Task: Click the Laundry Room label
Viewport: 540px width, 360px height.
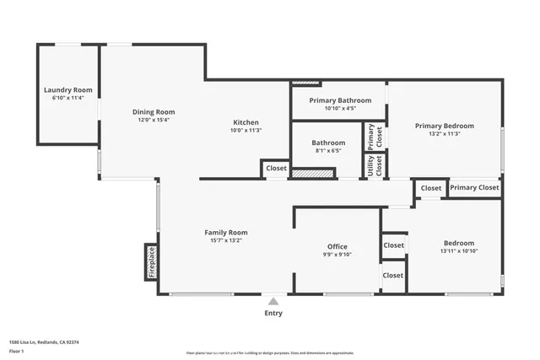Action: (x=68, y=89)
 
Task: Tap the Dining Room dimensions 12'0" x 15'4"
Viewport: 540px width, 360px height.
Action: (x=154, y=120)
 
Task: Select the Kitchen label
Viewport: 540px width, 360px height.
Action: (x=246, y=122)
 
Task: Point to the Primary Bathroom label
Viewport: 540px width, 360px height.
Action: (x=340, y=100)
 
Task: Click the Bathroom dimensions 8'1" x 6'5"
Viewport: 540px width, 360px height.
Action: (x=328, y=152)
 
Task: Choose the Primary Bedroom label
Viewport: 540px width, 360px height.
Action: (x=445, y=126)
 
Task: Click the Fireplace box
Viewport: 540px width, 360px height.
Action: (x=152, y=262)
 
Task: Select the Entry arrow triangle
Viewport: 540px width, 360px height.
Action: (x=273, y=300)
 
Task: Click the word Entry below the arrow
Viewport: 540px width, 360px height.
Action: (x=273, y=314)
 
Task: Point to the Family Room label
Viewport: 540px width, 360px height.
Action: (x=226, y=232)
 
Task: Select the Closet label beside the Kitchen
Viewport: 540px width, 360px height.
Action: (x=276, y=169)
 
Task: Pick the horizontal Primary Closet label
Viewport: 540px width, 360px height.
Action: (x=474, y=188)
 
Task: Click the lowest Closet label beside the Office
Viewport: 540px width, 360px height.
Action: (x=393, y=276)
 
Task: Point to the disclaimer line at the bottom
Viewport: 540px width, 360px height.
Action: (x=270, y=352)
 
